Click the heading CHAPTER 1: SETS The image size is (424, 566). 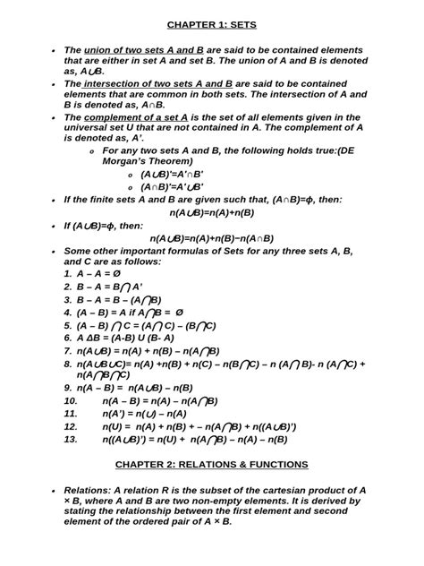212,26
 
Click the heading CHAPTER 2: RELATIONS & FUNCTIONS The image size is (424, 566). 212,465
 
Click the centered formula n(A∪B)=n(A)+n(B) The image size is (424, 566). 212,212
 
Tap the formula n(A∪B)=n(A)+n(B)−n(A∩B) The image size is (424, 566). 212,238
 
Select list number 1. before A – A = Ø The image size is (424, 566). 67,273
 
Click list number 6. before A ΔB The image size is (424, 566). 67,339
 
